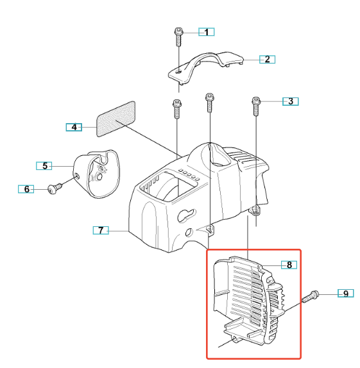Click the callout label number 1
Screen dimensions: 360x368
point(207,32)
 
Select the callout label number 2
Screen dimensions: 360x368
point(267,59)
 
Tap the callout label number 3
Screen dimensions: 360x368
point(291,101)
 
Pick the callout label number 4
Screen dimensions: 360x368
point(74,127)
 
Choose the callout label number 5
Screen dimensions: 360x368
point(44,165)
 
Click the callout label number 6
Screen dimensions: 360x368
point(26,189)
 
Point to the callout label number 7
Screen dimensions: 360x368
point(101,230)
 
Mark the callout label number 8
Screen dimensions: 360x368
point(289,265)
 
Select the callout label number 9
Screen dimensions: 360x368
point(346,294)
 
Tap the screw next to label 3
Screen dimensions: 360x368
point(256,106)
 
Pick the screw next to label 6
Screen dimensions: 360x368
point(55,188)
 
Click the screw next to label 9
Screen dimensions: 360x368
point(311,296)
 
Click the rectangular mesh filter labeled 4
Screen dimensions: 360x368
point(116,119)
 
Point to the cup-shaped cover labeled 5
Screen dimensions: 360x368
point(97,174)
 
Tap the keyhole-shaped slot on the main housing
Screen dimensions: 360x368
point(187,215)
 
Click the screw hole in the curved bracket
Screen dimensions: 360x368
point(178,71)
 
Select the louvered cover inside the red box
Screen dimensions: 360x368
point(249,301)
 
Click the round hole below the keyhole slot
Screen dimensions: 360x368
point(189,232)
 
